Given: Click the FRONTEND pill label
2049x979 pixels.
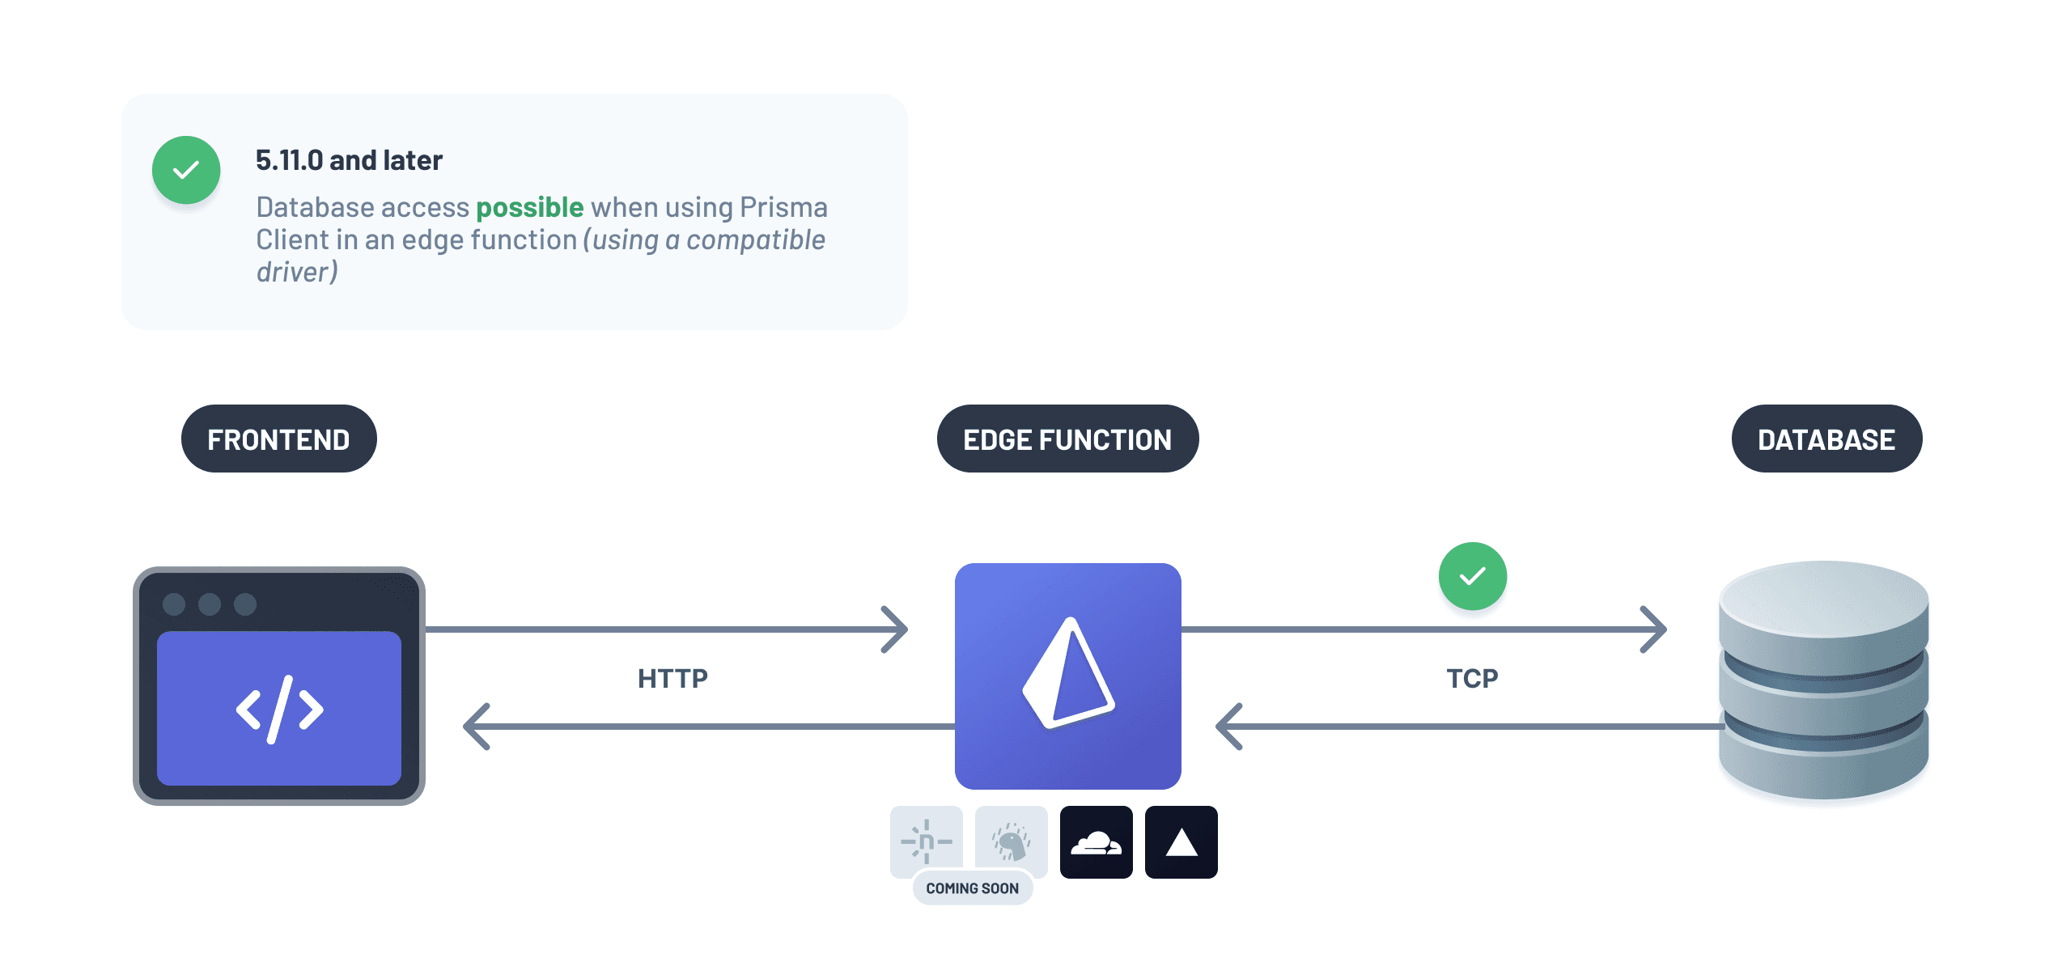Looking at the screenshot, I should pos(278,439).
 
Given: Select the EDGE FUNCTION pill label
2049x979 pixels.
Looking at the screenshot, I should pos(1067,439).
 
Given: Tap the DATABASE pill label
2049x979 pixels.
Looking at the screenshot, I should pos(1826,439).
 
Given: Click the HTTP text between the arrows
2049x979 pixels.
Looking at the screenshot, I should pos(672,678).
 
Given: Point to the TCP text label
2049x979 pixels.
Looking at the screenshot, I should pos(1472,678).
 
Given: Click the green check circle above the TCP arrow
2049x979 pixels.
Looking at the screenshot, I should pos(1472,576).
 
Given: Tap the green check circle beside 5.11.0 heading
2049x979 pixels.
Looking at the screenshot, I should pos(186,170).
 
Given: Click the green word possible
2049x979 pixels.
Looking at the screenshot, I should pos(529,207).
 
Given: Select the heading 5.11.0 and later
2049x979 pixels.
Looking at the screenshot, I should pos(349,160).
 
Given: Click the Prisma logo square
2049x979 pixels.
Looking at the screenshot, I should pos(1067,676).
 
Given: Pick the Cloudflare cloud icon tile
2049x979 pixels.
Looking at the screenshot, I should pos(1096,842).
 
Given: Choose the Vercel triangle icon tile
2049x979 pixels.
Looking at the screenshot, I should pos(1181,842).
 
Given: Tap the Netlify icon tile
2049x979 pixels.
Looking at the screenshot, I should pos(926,841).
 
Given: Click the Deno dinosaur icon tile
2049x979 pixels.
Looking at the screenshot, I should pos(1011,841).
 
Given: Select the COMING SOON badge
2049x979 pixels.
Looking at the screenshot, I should pos(972,888).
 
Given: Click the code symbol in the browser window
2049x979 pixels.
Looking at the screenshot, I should pos(279,710).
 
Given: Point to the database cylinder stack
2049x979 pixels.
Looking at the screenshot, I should pos(1823,680).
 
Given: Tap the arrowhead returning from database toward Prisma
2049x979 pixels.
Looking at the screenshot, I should pos(1229,726).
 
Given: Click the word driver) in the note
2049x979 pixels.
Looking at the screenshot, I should pos(297,272).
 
